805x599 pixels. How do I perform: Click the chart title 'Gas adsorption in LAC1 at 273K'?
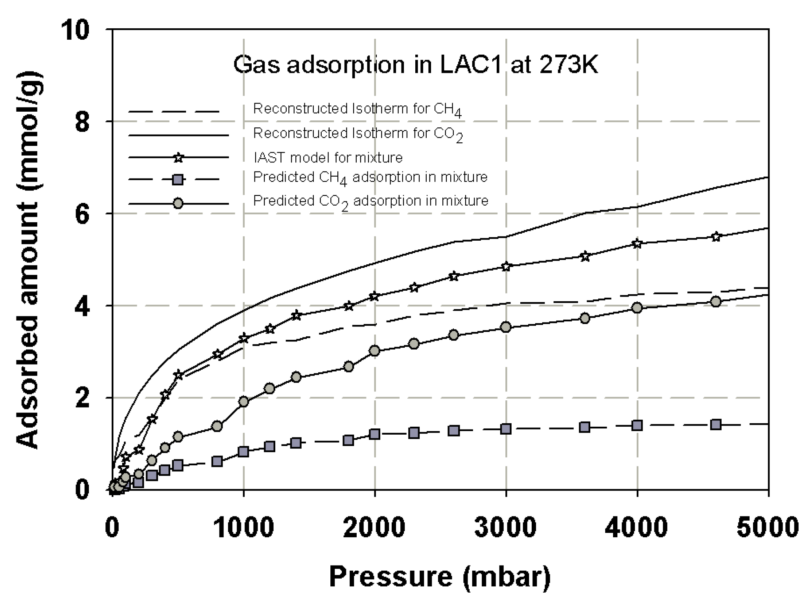tap(415, 65)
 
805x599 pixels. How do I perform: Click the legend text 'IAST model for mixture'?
tap(328, 158)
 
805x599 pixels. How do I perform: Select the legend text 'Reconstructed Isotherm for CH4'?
tap(357, 109)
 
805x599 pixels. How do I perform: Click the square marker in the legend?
tap(178, 180)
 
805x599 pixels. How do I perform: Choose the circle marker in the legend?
tap(178, 203)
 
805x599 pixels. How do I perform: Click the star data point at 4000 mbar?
tap(637, 244)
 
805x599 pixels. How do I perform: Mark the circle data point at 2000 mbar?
tap(375, 350)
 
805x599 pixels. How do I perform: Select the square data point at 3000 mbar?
tap(506, 429)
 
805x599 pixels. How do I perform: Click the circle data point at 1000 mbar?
tap(244, 402)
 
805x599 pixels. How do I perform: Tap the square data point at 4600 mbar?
tap(716, 424)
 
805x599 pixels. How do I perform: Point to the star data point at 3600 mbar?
tap(585, 257)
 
